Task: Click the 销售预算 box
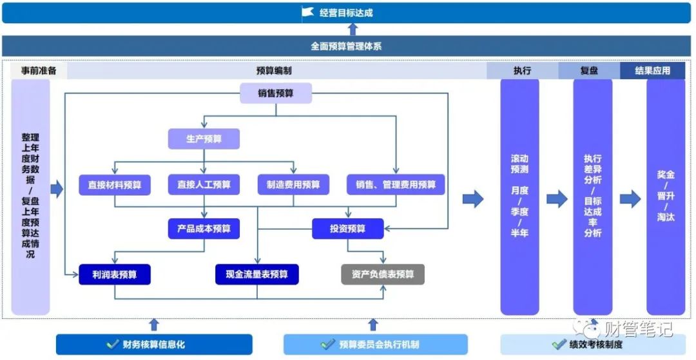tap(276, 93)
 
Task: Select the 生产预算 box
tap(204, 138)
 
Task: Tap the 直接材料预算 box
tap(115, 185)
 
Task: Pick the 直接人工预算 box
tap(204, 185)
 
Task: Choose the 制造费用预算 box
tap(293, 185)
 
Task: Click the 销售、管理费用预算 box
tap(396, 185)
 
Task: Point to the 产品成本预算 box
tap(204, 229)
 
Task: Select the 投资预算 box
tap(348, 229)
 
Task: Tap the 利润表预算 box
tap(115, 274)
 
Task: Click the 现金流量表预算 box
tap(258, 274)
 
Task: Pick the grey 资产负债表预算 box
tap(383, 274)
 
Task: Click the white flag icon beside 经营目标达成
tap(307, 12)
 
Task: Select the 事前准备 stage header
tap(39, 71)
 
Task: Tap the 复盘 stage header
tap(589, 71)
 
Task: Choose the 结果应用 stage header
tap(652, 71)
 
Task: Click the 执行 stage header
tap(522, 71)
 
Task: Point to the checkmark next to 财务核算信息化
tap(113, 345)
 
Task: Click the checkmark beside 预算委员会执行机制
tap(328, 345)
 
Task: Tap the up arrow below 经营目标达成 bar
tap(353, 30)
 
